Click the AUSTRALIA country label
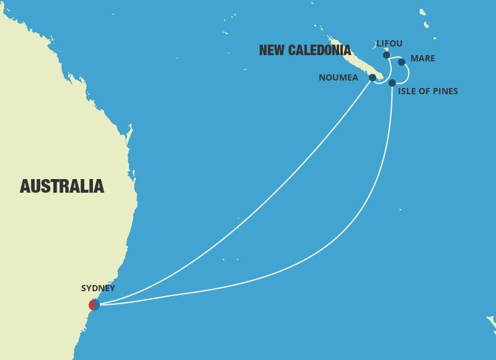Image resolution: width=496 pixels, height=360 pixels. (x=62, y=186)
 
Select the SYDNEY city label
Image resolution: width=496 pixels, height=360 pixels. (x=98, y=288)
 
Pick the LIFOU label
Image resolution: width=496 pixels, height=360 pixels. (x=389, y=43)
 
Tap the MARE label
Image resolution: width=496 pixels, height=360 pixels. (x=423, y=59)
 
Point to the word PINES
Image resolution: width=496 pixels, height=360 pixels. (x=446, y=92)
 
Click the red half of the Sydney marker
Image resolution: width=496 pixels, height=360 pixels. (x=92, y=304)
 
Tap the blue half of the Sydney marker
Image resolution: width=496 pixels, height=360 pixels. (x=97, y=304)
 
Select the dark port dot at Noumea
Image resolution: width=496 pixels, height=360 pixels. (x=372, y=77)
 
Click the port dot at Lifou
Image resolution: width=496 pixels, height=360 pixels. (x=386, y=55)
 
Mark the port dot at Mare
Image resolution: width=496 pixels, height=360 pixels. (x=401, y=62)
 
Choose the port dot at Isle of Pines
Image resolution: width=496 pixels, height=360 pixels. (x=392, y=82)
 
